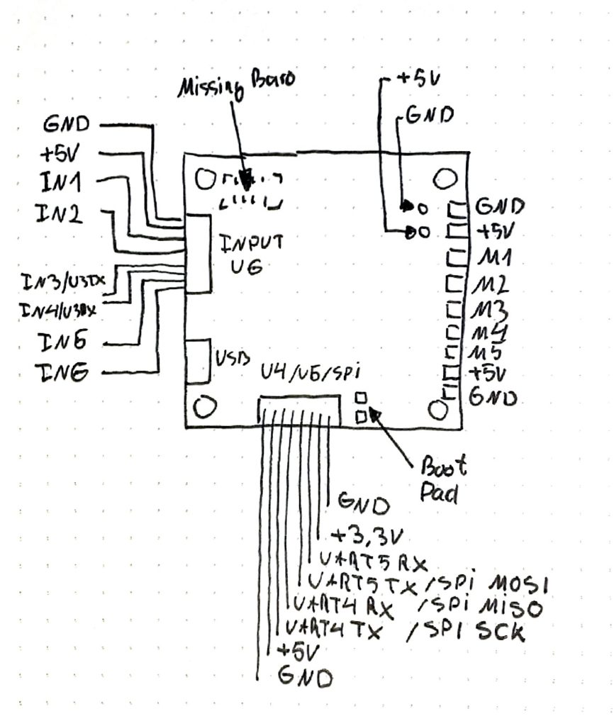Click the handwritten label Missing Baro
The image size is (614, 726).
pyautogui.click(x=236, y=84)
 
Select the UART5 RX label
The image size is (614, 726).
pyautogui.click(x=372, y=561)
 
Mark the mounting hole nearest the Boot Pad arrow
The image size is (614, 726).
pyautogui.click(x=437, y=409)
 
